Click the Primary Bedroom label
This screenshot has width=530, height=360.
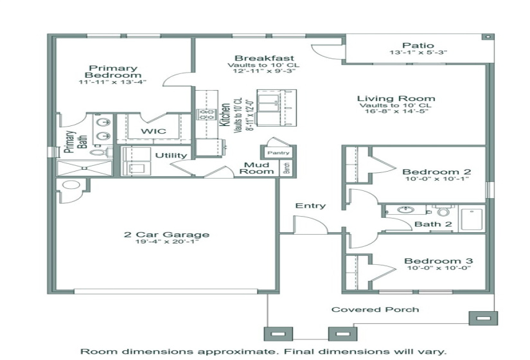113,71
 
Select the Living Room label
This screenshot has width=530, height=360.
396,99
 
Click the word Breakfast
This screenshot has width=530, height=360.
255,58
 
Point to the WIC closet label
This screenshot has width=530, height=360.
154,131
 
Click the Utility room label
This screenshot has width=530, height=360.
171,156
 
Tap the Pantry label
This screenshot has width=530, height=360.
278,153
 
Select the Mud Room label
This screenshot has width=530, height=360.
257,168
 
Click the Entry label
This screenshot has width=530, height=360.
310,206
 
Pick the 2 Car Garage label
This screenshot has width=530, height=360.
166,235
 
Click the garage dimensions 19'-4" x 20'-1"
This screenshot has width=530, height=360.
166,242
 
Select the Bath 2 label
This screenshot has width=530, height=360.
432,224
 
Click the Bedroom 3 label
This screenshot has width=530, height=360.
438,260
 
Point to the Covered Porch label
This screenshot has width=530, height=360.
375,310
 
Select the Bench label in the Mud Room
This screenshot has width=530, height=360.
287,168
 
